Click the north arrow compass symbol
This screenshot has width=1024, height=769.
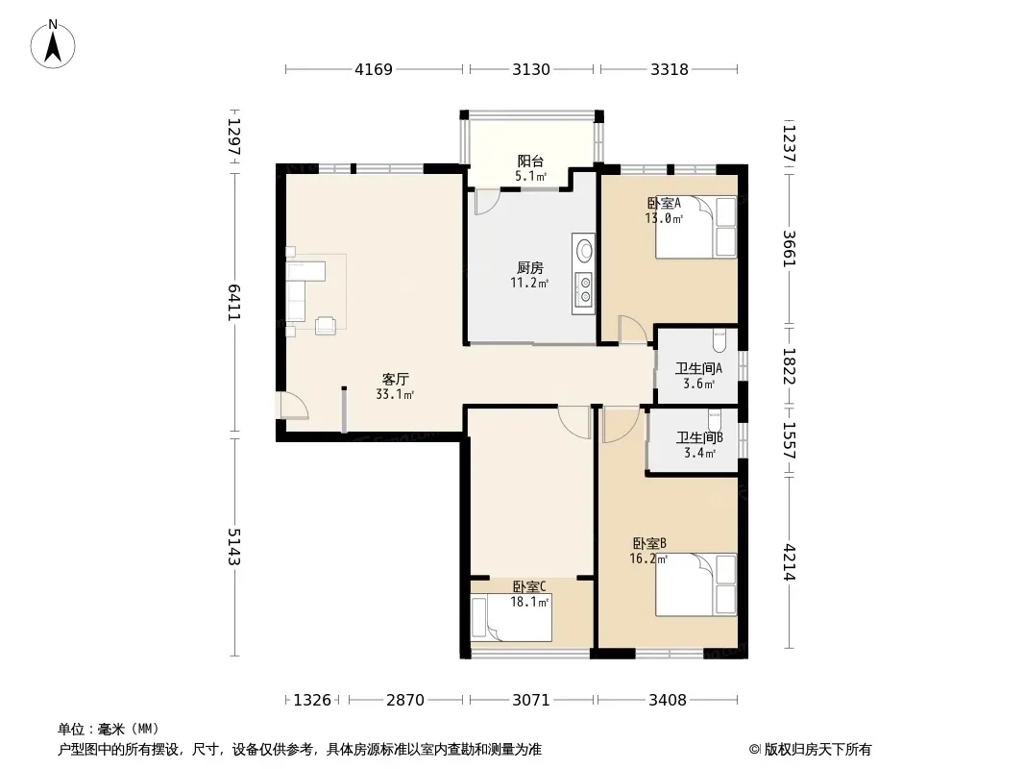click(53, 44)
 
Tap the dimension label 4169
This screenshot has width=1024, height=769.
click(374, 69)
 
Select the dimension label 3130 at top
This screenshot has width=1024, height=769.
click(531, 69)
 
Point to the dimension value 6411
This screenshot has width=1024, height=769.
click(233, 302)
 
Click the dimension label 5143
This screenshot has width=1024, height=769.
click(233, 547)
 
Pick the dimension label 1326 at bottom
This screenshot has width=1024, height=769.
click(312, 701)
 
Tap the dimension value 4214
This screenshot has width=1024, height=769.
click(790, 562)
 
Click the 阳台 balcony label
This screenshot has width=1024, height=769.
click(530, 161)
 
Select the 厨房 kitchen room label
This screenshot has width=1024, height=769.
click(529, 268)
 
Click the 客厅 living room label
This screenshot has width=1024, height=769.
click(395, 379)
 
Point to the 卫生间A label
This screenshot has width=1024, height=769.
click(698, 368)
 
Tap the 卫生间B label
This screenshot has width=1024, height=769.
click(698, 437)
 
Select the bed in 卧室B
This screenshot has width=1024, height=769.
click(696, 584)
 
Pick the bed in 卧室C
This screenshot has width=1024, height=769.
click(511, 617)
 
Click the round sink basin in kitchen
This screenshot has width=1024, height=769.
click(584, 250)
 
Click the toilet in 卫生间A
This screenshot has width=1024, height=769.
click(719, 339)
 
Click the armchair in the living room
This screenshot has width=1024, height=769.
click(326, 325)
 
